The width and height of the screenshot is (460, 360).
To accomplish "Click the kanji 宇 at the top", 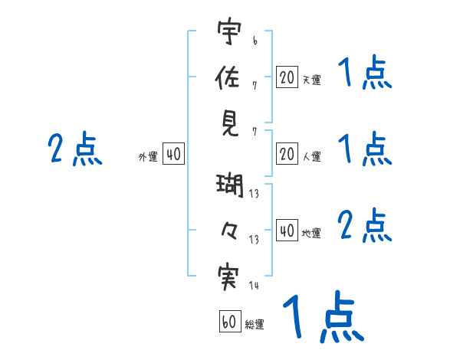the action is pos(231,32).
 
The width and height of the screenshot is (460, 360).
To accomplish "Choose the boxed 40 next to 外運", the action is pos(173,155).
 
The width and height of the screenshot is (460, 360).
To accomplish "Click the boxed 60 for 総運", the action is pos(229,322).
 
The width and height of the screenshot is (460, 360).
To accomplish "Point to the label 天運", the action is pos(311,80).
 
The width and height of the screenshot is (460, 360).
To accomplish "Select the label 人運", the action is pos(311,157).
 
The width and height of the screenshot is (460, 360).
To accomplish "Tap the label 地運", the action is pos(311,233).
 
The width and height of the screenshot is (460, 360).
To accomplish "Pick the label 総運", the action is pos(255,324).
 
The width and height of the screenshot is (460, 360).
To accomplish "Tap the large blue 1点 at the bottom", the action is pos(322,316).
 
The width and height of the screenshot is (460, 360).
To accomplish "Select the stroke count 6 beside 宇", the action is pos(254,37).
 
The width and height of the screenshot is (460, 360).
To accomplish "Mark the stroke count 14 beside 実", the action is pos(255,285).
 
